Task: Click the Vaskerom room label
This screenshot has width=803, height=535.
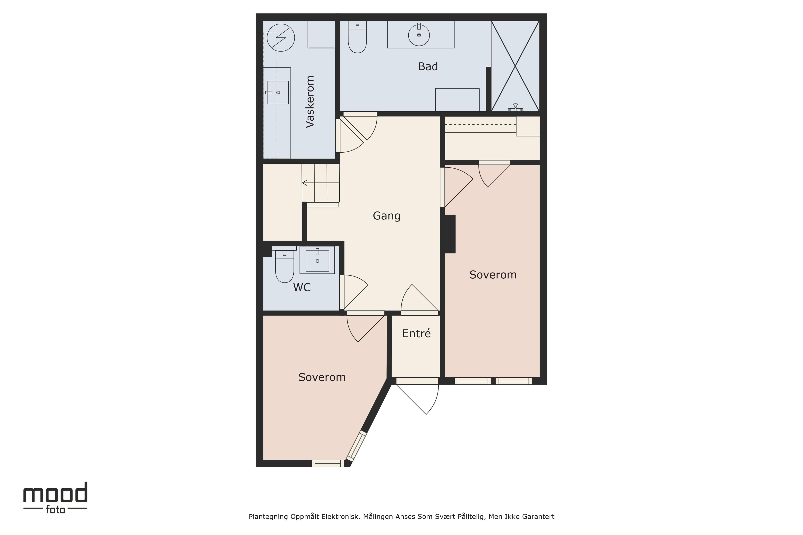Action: [310, 102]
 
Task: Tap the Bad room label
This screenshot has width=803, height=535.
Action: [428, 66]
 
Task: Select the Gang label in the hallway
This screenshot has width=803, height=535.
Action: [386, 216]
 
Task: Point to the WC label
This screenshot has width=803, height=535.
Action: [302, 288]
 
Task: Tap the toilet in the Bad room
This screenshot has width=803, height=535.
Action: [357, 37]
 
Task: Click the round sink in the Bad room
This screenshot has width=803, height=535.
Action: [419, 34]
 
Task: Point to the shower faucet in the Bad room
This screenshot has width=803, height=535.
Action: [515, 107]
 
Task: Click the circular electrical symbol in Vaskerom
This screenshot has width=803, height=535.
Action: [281, 38]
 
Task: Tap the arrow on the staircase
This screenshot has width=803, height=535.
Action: [304, 183]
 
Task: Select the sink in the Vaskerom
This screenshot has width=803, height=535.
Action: [277, 92]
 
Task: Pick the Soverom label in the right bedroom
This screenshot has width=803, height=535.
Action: [493, 275]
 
